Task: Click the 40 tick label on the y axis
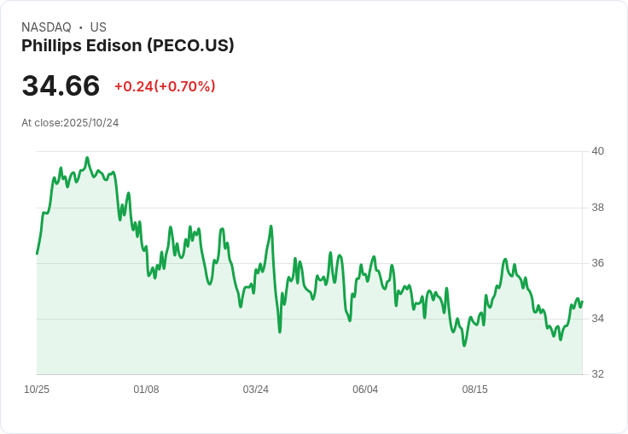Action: [598, 151]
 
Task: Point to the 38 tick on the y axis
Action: [598, 208]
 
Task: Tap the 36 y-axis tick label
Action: [598, 263]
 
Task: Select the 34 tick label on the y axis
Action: [598, 319]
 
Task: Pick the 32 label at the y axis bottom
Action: [598, 374]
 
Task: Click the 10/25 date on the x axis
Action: [37, 390]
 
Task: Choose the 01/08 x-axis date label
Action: [146, 390]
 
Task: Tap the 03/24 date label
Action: [256, 390]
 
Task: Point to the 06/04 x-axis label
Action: [365, 390]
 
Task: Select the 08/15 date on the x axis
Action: [475, 390]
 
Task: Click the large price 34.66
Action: [61, 86]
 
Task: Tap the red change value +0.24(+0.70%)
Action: [165, 86]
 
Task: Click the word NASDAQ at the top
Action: [46, 27]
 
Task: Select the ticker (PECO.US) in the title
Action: [190, 46]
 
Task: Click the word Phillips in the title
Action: [49, 46]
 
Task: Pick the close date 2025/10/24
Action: [90, 123]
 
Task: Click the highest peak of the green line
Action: [87, 158]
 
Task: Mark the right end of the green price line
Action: [582, 302]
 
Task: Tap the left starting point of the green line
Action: [37, 254]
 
